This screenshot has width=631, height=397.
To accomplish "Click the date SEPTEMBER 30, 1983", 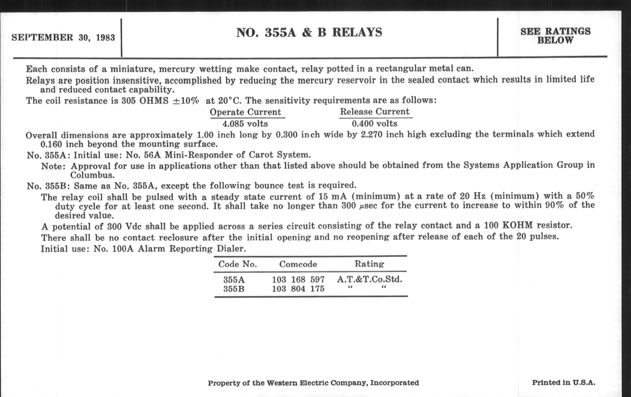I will pyautogui.click(x=63, y=38).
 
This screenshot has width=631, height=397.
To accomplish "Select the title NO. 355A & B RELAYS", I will pyautogui.click(x=309, y=33).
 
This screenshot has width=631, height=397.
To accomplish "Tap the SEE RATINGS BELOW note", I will pyautogui.click(x=555, y=36).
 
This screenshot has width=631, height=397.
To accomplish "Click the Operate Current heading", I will pyautogui.click(x=245, y=112).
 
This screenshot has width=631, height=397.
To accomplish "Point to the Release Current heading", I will pyautogui.click(x=374, y=112).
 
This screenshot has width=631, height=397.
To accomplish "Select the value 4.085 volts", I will pyautogui.click(x=245, y=124).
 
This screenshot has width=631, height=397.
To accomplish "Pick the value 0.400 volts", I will pyautogui.click(x=374, y=124).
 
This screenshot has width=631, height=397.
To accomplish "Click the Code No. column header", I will pyautogui.click(x=237, y=264).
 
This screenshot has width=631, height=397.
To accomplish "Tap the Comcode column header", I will pyautogui.click(x=298, y=264).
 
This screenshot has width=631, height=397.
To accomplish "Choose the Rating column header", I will pyautogui.click(x=369, y=264).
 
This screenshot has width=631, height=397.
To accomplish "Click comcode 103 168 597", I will pyautogui.click(x=298, y=280).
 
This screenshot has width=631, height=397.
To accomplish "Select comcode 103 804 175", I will pyautogui.click(x=298, y=289).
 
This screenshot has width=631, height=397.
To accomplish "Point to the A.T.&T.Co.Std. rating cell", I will pyautogui.click(x=369, y=279).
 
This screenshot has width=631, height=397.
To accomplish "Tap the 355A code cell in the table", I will pyautogui.click(x=234, y=280).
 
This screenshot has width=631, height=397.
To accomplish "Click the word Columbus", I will pyautogui.click(x=92, y=175).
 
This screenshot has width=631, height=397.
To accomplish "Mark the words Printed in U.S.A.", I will pyautogui.click(x=563, y=382).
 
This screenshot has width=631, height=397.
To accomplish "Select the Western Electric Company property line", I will pyautogui.click(x=313, y=383).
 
